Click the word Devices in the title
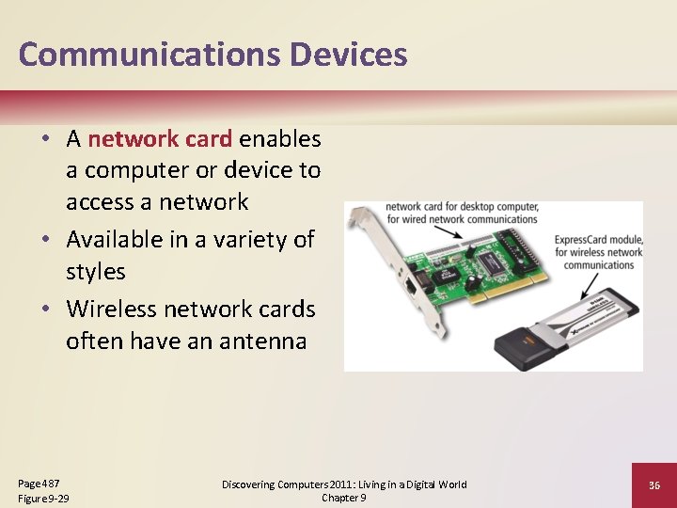(x=349, y=55)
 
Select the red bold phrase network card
(x=160, y=139)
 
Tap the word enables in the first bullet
(x=280, y=139)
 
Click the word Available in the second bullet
(x=120, y=239)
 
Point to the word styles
(x=95, y=271)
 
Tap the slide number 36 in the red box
(x=654, y=484)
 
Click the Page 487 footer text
(x=39, y=482)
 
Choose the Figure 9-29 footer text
(x=43, y=498)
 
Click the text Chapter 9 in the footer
(x=344, y=498)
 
